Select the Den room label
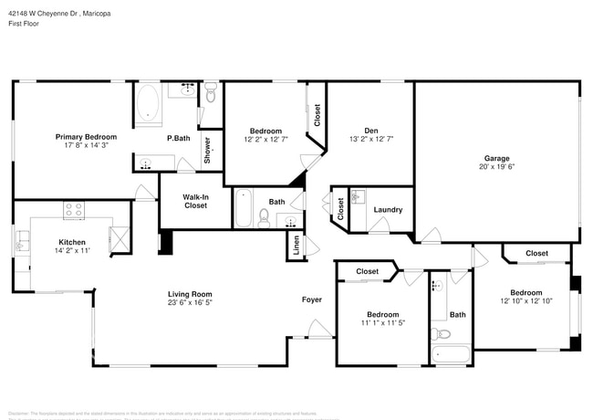370,131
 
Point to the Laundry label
388,210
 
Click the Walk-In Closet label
195,201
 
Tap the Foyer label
312,299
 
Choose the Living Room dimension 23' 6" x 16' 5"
190,303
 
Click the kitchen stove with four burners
74,210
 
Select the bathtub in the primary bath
149,105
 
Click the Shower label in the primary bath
208,149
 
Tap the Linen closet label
296,245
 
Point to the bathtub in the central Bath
244,208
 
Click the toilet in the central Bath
264,216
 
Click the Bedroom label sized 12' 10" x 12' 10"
525,292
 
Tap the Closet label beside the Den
317,115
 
